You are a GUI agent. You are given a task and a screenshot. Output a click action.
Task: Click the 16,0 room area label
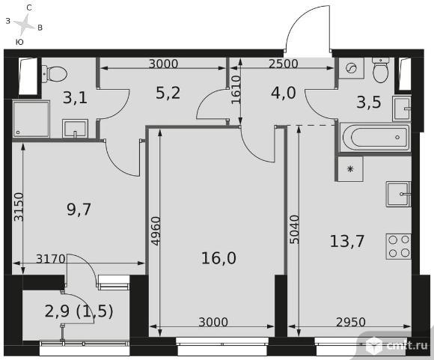pos(218,258)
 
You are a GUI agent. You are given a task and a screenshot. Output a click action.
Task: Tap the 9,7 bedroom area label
pos(79,210)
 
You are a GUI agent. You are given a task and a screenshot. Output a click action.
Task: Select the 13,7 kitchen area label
pos(346,241)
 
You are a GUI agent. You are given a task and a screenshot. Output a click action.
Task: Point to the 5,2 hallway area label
pos(168,93)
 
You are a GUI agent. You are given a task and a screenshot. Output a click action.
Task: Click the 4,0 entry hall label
pos(284,93)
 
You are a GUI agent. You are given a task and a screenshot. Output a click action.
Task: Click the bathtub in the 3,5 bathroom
pos(375,137)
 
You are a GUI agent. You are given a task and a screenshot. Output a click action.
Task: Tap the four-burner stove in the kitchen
pos(399,246)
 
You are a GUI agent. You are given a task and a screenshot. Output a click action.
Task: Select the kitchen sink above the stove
pos(399,195)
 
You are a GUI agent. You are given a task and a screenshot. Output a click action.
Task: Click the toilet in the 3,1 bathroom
pos(55,74)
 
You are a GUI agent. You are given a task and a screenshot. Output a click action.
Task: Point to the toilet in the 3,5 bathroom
pos(381,70)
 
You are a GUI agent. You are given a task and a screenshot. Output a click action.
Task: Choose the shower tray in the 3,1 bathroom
pos(31,119)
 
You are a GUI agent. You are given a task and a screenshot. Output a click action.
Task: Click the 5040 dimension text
pos(295,230)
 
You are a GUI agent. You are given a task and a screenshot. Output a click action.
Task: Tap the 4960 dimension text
pos(156,231)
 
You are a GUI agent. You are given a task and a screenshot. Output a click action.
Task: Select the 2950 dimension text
pos(351,322)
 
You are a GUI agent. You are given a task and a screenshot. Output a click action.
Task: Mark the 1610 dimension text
pos(236,90)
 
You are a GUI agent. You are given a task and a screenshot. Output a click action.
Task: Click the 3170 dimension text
pos(51,259)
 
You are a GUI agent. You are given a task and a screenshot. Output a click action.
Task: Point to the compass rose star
pos(25,24)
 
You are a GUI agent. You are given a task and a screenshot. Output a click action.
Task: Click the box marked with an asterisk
pos(350,169)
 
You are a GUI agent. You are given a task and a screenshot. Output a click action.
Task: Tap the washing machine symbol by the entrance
pos(352,68)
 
